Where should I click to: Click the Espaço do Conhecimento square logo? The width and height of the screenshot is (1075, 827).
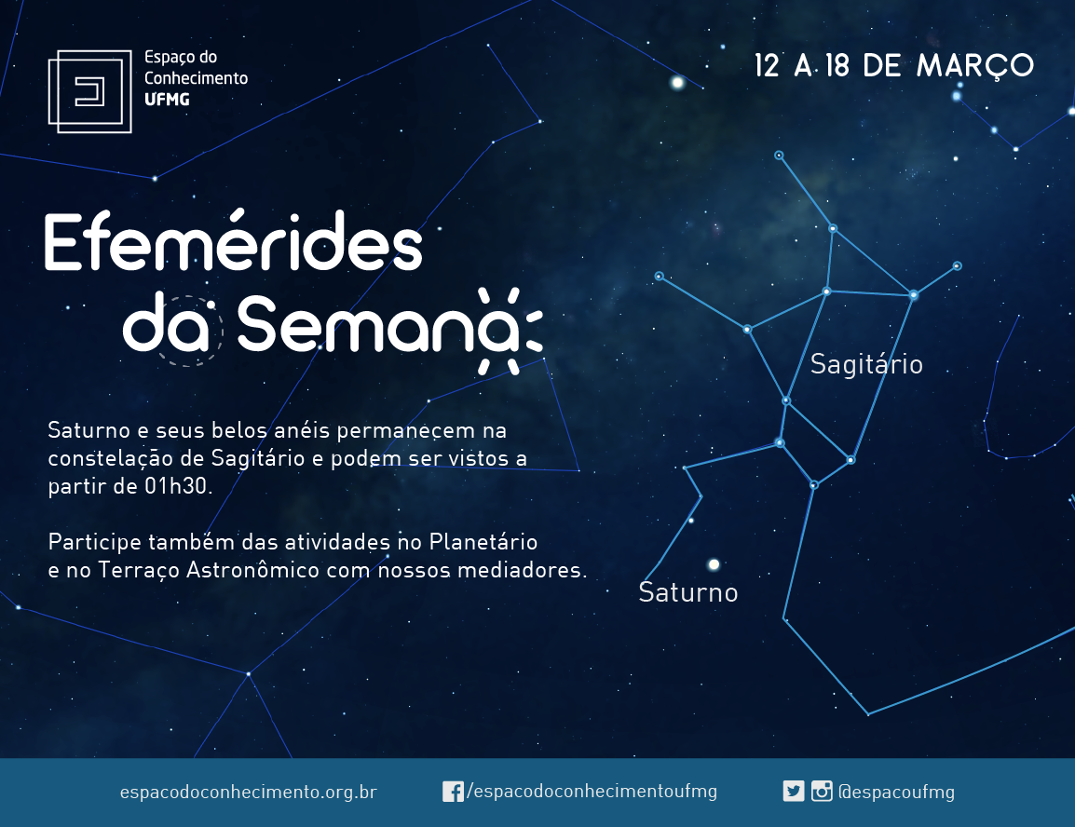click(89, 91)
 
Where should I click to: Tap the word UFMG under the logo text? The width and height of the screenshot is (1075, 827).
click(167, 100)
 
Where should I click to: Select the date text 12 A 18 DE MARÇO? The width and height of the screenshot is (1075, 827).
click(893, 66)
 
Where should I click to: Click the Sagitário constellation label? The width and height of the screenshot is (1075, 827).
click(866, 364)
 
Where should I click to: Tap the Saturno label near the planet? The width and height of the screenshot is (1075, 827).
click(687, 592)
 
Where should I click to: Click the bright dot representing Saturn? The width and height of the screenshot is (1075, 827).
click(714, 564)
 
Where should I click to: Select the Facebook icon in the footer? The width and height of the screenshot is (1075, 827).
click(453, 792)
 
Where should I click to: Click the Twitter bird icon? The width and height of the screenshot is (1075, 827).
click(794, 792)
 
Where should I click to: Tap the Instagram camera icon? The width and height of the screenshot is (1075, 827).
click(822, 792)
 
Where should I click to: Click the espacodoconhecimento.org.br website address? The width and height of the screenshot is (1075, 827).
click(248, 792)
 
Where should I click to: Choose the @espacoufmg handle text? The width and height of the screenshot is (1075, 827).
click(896, 792)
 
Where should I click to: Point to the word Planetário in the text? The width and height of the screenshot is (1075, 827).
click(483, 542)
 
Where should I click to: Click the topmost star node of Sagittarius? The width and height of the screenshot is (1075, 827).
click(779, 156)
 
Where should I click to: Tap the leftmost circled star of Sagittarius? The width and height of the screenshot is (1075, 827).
click(659, 276)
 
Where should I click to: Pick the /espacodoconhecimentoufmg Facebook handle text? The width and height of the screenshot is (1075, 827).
click(592, 792)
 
